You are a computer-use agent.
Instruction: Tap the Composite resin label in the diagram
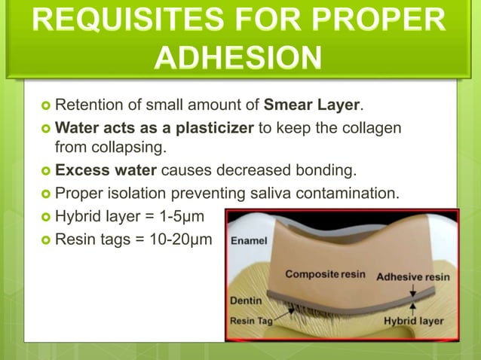pos(325,274)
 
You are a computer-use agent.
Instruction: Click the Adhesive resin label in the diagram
pos(412,276)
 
